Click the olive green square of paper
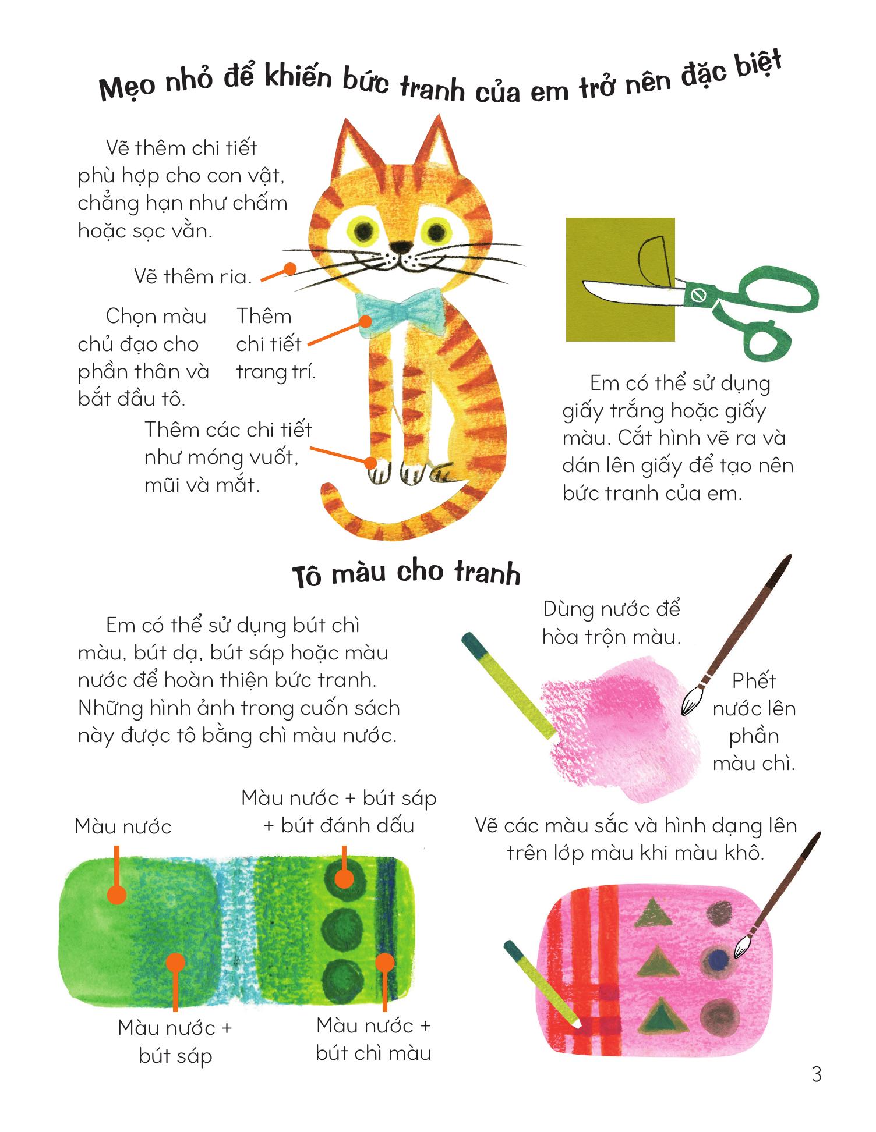620,279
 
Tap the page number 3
817,1074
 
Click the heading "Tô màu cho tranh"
406,573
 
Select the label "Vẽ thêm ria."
193,276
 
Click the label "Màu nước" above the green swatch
123,826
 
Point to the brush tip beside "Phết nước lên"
691,701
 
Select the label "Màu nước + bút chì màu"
373,1039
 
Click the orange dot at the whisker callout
289,269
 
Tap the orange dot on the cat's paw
370,463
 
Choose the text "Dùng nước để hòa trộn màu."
611,623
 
